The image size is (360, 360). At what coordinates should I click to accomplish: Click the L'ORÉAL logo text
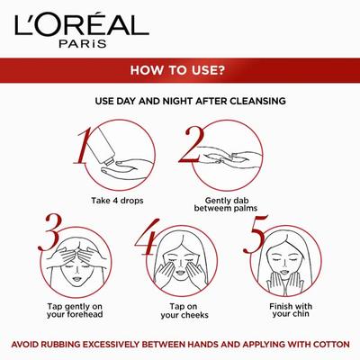coord(180,21)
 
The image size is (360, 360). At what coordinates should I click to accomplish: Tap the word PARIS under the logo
coord(180,40)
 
